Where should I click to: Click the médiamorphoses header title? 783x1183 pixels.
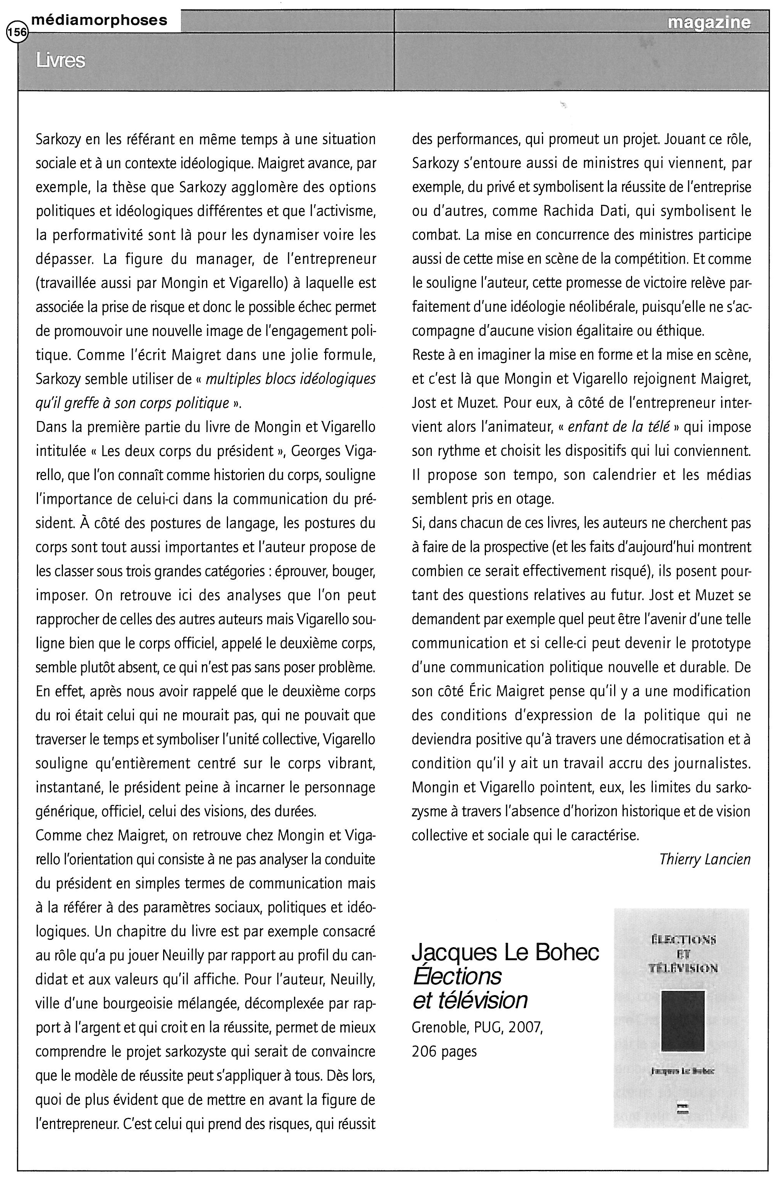[x=99, y=20]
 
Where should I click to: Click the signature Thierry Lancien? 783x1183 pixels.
[x=705, y=859]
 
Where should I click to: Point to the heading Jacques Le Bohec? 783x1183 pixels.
[x=505, y=953]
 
